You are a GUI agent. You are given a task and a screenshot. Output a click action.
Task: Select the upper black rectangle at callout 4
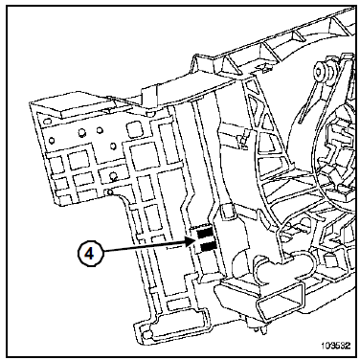[204, 234]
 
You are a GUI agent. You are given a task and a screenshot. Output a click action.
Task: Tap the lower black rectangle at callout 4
[207, 245]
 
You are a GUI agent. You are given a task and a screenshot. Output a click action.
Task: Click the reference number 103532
[335, 346]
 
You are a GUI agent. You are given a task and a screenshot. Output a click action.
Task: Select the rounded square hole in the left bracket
[132, 128]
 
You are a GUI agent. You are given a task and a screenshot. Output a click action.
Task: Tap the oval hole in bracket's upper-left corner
[47, 121]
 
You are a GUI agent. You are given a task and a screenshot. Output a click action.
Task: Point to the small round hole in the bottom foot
[146, 335]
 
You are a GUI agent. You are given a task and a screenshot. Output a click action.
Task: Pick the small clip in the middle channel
[243, 139]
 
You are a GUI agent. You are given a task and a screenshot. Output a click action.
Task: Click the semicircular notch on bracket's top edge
[149, 113]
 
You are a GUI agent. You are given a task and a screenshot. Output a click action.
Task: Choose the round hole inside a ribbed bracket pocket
[112, 175]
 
